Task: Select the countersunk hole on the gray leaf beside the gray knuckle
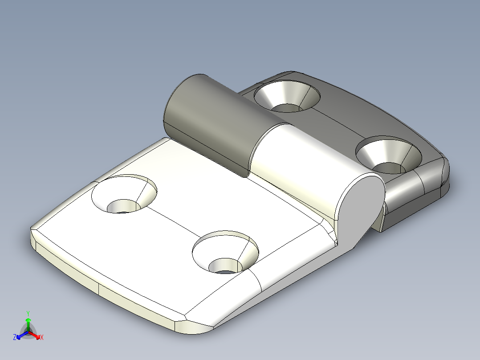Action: [x=287, y=96]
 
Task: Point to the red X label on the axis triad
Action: [x=41, y=338]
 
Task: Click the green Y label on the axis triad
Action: [x=28, y=313]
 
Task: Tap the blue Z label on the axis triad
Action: [x=15, y=338]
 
